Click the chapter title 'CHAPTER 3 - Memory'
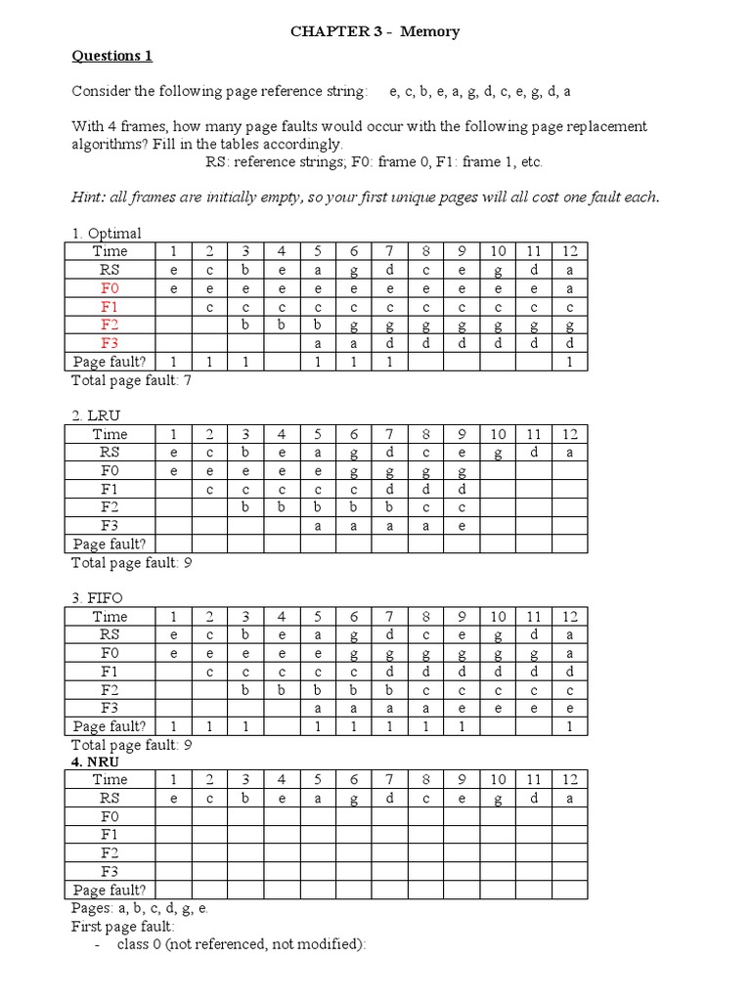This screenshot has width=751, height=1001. click(375, 32)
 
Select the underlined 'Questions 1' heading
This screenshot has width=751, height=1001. click(111, 56)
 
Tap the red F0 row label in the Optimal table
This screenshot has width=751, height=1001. click(110, 288)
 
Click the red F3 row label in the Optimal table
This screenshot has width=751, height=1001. click(110, 343)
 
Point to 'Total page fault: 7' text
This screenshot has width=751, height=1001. click(131, 380)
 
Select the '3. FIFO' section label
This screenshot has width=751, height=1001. click(100, 598)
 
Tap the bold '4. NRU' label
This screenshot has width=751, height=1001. click(98, 762)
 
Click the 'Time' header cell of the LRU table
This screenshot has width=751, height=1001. click(110, 434)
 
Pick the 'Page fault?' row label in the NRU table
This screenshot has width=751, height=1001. click(110, 890)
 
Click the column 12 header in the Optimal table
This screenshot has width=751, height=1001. click(570, 251)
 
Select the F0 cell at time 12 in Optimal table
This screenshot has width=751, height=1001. click(570, 288)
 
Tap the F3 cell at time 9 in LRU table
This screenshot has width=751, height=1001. click(462, 525)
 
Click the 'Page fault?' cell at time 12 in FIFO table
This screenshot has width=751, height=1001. click(570, 726)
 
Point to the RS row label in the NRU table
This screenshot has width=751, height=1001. click(110, 798)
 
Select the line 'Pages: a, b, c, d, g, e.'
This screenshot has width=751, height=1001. click(140, 908)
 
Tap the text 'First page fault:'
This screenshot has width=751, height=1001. click(123, 926)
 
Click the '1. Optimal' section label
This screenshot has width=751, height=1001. click(107, 234)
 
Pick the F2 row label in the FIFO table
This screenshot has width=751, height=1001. click(110, 690)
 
